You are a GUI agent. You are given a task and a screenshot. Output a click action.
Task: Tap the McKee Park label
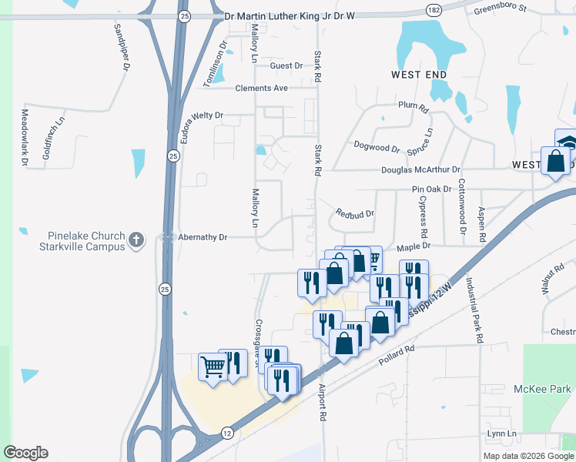pos(543,389)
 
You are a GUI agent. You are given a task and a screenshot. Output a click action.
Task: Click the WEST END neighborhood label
pos(419,75)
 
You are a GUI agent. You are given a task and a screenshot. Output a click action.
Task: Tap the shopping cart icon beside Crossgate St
pos(212,365)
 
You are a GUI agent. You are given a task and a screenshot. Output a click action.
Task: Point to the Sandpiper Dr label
pos(121,46)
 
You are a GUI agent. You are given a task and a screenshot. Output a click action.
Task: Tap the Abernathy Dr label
pos(203,238)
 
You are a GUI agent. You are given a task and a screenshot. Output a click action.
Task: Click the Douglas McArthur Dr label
pos(420,170)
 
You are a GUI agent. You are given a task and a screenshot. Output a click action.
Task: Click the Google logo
pos(25,453)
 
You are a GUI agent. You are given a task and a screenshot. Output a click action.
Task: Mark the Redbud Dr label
pos(355,213)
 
